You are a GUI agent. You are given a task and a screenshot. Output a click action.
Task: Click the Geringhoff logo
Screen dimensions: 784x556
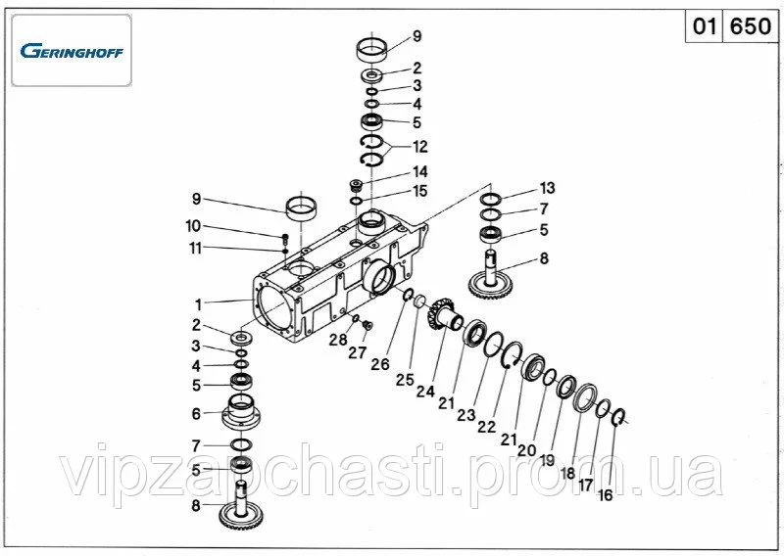(72, 51)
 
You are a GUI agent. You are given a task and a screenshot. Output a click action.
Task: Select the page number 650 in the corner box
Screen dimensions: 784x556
(750, 26)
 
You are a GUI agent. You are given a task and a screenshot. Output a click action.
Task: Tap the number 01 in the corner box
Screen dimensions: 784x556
(704, 26)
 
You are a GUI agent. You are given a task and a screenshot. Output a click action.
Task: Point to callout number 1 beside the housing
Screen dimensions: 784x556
(199, 304)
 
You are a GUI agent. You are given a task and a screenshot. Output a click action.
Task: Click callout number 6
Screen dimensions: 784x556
(196, 414)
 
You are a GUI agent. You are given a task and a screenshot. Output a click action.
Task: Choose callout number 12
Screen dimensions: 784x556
(420, 147)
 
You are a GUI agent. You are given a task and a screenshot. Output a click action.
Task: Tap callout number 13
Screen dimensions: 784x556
(548, 188)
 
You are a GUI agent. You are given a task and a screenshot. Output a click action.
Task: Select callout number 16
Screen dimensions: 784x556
(605, 495)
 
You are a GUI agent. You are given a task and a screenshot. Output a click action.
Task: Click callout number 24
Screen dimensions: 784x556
(425, 392)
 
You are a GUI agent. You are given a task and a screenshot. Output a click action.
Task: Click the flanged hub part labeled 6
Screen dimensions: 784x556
(240, 412)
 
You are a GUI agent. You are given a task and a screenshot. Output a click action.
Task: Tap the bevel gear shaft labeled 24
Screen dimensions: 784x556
(444, 314)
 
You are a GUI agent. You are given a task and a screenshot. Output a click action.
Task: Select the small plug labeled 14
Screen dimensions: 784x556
(356, 186)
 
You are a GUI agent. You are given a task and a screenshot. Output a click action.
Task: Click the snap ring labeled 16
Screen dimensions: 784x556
(619, 418)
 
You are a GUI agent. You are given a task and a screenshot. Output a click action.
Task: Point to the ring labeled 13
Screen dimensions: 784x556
(491, 199)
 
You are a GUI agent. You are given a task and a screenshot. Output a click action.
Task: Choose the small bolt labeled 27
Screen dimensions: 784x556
(368, 326)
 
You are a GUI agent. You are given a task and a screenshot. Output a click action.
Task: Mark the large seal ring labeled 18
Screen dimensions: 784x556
(585, 397)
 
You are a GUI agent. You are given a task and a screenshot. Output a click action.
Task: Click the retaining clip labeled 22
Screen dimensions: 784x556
(512, 355)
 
